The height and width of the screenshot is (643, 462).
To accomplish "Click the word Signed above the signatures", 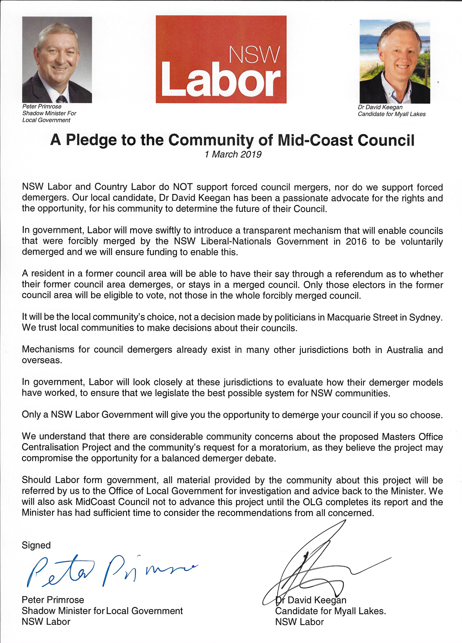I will coord(36,545).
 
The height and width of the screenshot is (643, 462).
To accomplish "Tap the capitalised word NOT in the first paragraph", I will coord(183,187).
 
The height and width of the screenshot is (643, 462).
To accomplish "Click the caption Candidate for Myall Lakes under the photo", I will coord(391,114).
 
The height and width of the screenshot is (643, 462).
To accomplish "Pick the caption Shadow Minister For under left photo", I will coord(49,113).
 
